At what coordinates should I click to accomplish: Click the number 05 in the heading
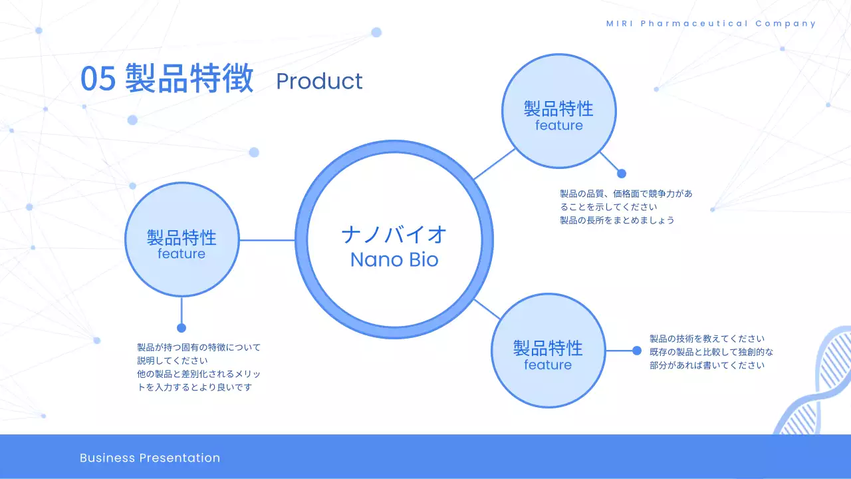click(98, 79)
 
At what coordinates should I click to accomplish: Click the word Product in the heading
click(319, 81)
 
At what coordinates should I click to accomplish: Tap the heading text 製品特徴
click(189, 79)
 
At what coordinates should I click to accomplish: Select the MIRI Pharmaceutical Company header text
click(711, 23)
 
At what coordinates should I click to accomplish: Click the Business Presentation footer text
click(150, 458)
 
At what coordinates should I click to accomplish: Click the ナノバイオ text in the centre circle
click(394, 234)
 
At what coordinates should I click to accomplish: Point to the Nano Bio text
click(394, 259)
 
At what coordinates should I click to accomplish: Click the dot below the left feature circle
click(182, 328)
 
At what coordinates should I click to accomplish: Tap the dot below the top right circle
click(622, 174)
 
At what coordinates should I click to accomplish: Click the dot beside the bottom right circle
click(637, 351)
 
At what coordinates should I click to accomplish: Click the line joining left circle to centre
click(266, 240)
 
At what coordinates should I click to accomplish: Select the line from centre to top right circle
click(494, 164)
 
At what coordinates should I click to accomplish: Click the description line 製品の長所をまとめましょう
click(617, 220)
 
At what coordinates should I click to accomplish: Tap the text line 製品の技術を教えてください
click(707, 339)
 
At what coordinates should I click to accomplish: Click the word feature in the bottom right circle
click(548, 365)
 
